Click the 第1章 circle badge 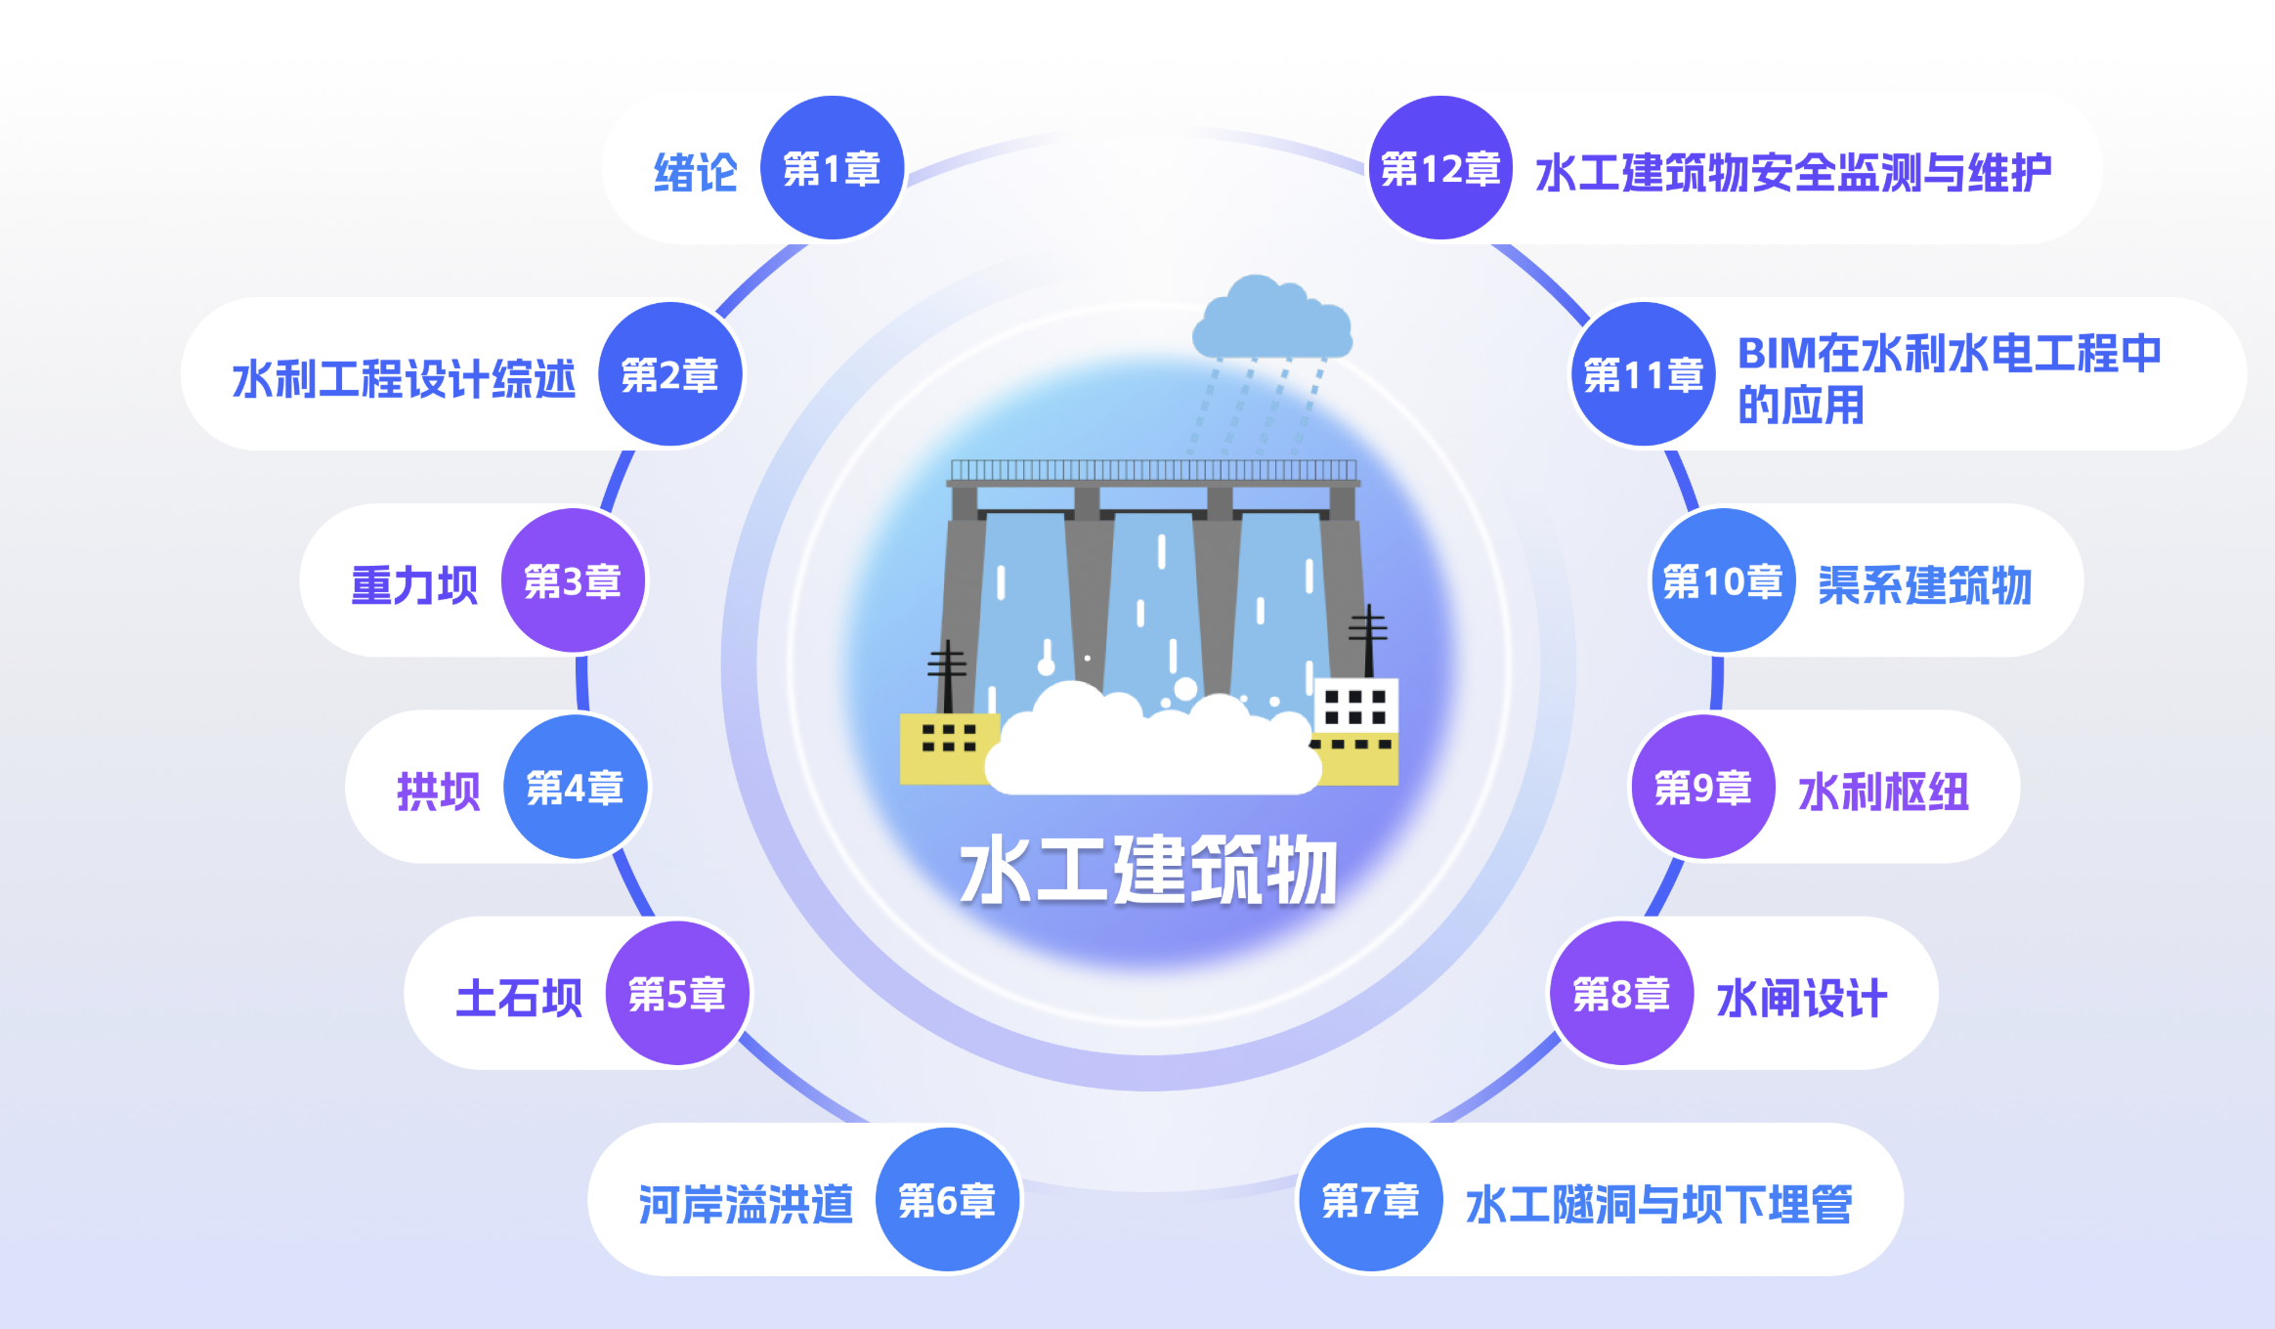(832, 169)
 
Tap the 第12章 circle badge (1440, 169)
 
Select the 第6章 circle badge (947, 1200)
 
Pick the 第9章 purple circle (1702, 788)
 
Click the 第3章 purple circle (573, 581)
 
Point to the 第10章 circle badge (1722, 581)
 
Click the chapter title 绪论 (695, 173)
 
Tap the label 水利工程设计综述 (404, 379)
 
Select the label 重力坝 (414, 585)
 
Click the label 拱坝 (439, 792)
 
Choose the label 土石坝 (519, 998)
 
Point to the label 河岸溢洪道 (746, 1204)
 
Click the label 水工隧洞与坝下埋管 (1658, 1204)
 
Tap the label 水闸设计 (1801, 998)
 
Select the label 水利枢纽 (1883, 792)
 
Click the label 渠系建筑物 (1924, 585)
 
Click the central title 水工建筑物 (1148, 870)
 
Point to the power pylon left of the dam (947, 674)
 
